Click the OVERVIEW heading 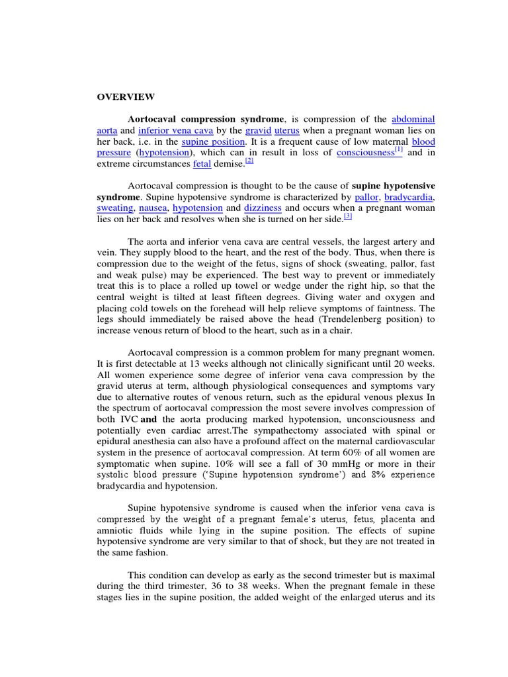[x=126, y=97]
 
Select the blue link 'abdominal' [x=413, y=120]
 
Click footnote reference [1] [x=399, y=150]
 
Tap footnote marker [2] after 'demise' [x=249, y=161]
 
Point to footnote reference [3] [x=347, y=216]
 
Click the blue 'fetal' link [x=202, y=163]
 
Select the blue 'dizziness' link [x=263, y=208]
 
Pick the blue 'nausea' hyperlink [x=153, y=208]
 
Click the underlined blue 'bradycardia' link [x=411, y=197]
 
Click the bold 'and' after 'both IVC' [x=149, y=419]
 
